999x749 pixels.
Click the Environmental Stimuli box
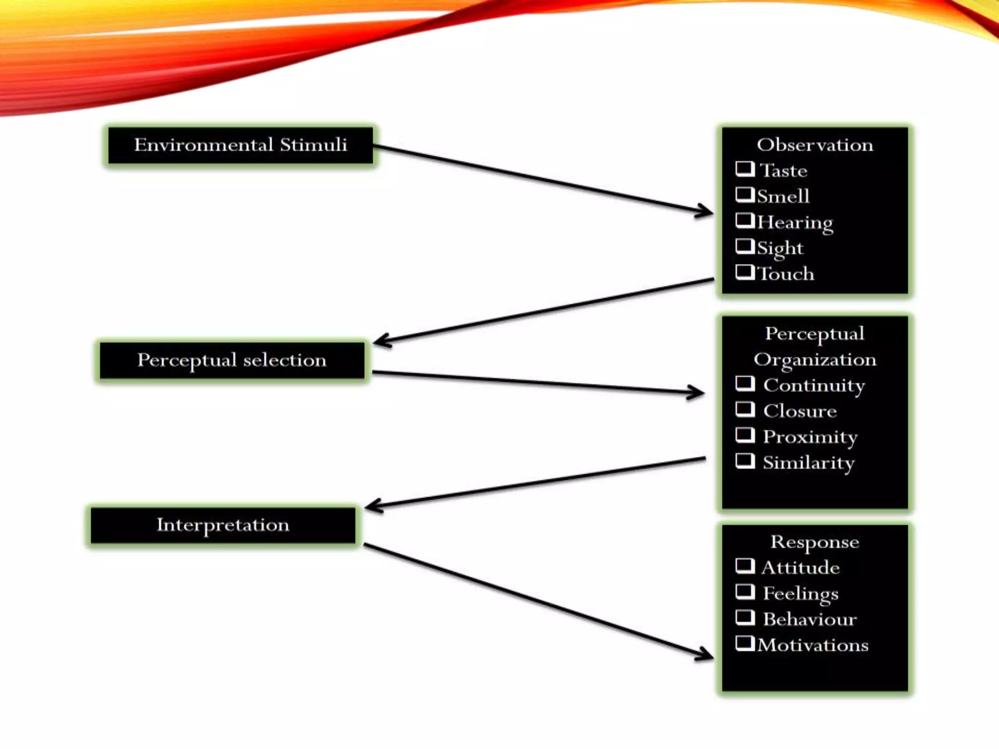[240, 145]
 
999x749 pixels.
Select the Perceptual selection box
[232, 360]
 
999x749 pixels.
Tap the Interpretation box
[223, 525]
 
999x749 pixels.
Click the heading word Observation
[815, 145]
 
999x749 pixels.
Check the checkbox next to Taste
[744, 169]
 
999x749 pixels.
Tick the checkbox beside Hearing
[744, 220]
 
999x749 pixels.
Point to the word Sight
[779, 248]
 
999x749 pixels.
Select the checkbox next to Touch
[744, 272]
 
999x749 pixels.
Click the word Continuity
[814, 386]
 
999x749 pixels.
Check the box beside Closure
[744, 409]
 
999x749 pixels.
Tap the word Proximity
[810, 437]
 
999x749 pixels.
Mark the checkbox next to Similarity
[744, 461]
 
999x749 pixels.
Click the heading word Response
[815, 542]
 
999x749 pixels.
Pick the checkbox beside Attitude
[744, 566]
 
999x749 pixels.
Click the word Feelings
[800, 593]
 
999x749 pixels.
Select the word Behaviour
[809, 619]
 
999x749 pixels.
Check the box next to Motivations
[744, 643]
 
